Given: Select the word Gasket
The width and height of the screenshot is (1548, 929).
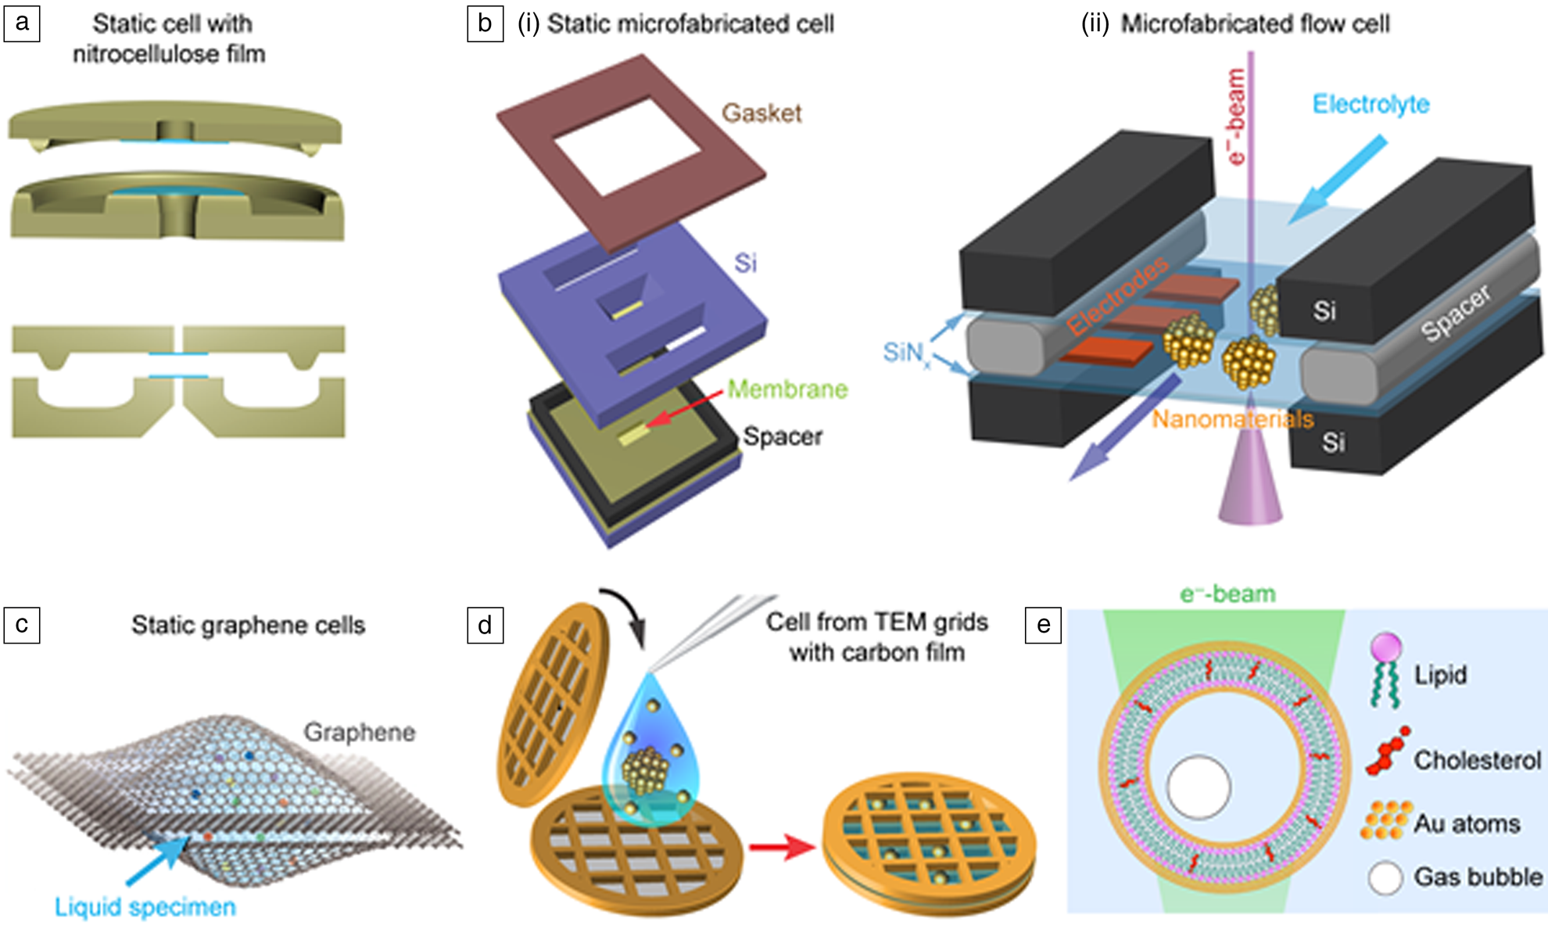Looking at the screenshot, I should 761,113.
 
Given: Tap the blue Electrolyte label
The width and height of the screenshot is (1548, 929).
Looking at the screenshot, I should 1371,104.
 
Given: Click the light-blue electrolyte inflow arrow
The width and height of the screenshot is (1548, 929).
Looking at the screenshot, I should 1336,181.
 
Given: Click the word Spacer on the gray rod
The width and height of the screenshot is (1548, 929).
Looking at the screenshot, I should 1456,314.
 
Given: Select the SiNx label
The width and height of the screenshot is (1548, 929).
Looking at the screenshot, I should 905,353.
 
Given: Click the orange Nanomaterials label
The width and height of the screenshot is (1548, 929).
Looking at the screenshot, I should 1232,420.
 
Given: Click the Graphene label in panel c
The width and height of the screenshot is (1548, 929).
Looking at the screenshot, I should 359,733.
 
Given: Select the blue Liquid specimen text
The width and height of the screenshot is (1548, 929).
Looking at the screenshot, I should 145,907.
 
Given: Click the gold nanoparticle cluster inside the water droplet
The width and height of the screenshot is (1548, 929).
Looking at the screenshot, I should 645,770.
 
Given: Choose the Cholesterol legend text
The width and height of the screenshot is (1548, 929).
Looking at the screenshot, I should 1477,760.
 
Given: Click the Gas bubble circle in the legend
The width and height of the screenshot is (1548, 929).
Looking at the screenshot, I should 1385,878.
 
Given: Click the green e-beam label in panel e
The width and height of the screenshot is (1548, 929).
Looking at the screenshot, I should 1227,594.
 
